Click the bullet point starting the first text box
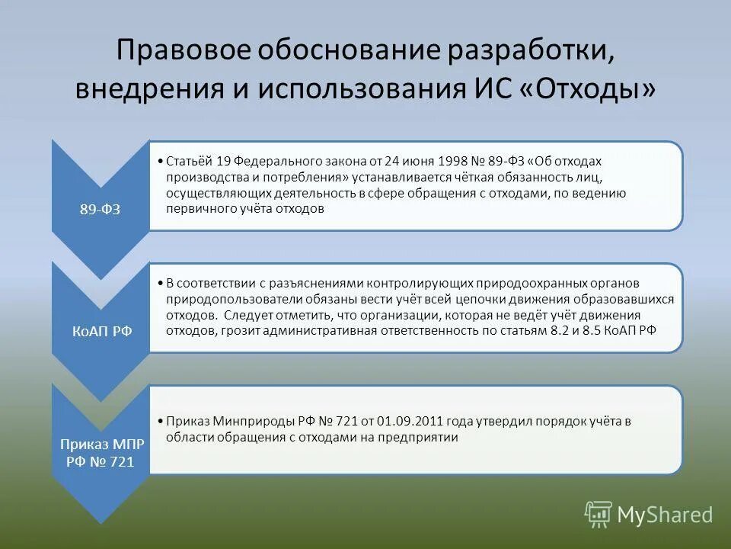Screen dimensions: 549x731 155,161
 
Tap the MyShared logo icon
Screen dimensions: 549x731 598,515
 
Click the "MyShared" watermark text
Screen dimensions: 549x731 665,515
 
